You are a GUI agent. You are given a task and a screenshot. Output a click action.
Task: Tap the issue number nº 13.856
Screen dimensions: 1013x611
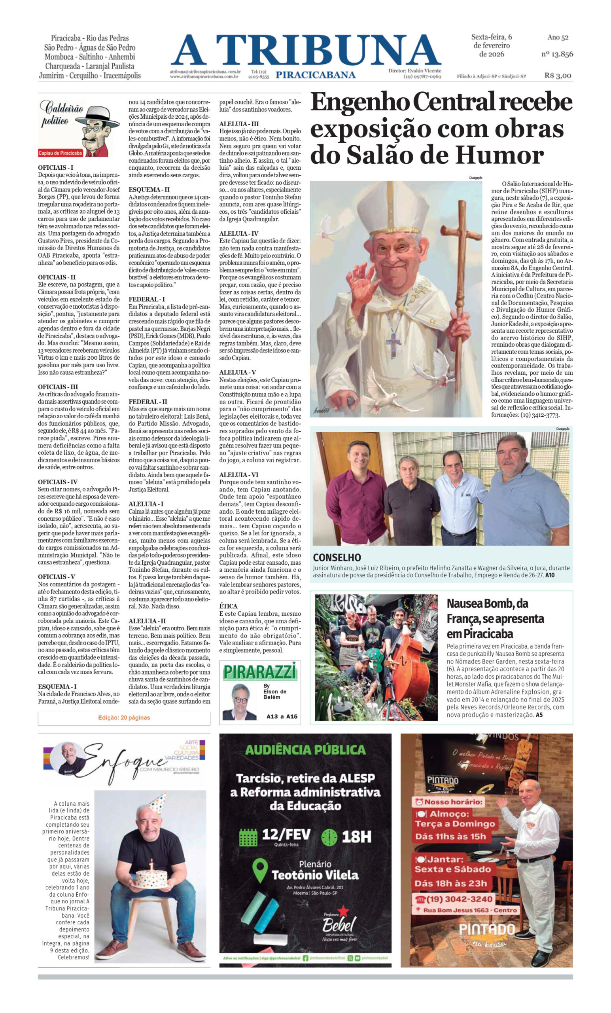coord(557,54)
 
